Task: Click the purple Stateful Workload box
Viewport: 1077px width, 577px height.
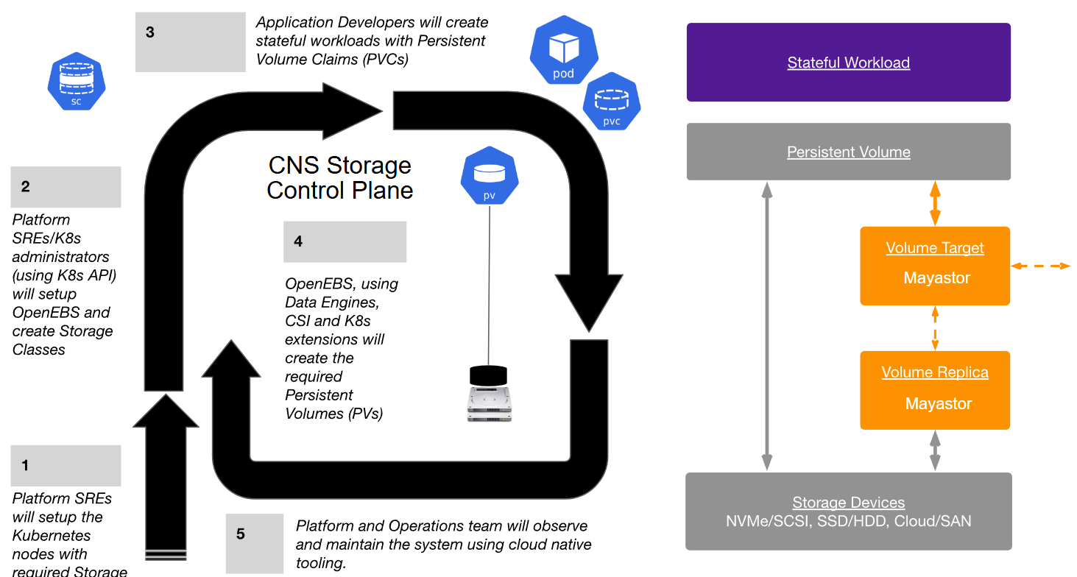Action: click(x=848, y=63)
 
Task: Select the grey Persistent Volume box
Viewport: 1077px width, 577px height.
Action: click(x=848, y=152)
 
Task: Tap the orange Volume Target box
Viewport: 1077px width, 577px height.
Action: click(x=935, y=266)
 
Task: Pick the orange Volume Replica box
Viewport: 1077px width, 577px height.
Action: click(x=935, y=390)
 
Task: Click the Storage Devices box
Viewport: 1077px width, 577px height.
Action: click(x=848, y=511)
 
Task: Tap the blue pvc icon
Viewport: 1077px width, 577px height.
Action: click(x=612, y=103)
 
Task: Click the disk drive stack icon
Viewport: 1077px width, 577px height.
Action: click(x=489, y=394)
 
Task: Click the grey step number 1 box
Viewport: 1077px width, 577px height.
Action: click(x=66, y=465)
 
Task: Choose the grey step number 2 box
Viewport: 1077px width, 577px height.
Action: click(x=66, y=187)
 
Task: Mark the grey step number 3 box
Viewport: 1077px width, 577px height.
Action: click(x=190, y=42)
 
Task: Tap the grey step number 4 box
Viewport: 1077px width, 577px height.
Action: click(x=345, y=241)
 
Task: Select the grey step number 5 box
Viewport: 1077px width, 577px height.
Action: click(x=254, y=543)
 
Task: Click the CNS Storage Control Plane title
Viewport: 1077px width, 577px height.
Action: click(x=339, y=177)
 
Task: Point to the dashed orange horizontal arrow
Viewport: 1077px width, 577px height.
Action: click(x=1040, y=266)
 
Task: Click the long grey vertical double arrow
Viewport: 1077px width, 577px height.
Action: click(x=767, y=326)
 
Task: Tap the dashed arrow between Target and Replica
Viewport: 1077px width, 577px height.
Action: click(x=935, y=328)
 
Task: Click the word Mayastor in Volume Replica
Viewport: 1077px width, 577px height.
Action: click(x=939, y=403)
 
